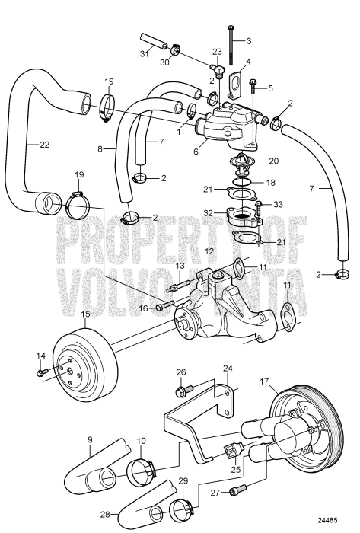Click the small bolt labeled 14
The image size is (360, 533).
coord(43,372)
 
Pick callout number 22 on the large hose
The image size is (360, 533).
coord(31,143)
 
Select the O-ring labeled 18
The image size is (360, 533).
coord(241,183)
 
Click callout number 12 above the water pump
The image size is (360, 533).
coord(208,251)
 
